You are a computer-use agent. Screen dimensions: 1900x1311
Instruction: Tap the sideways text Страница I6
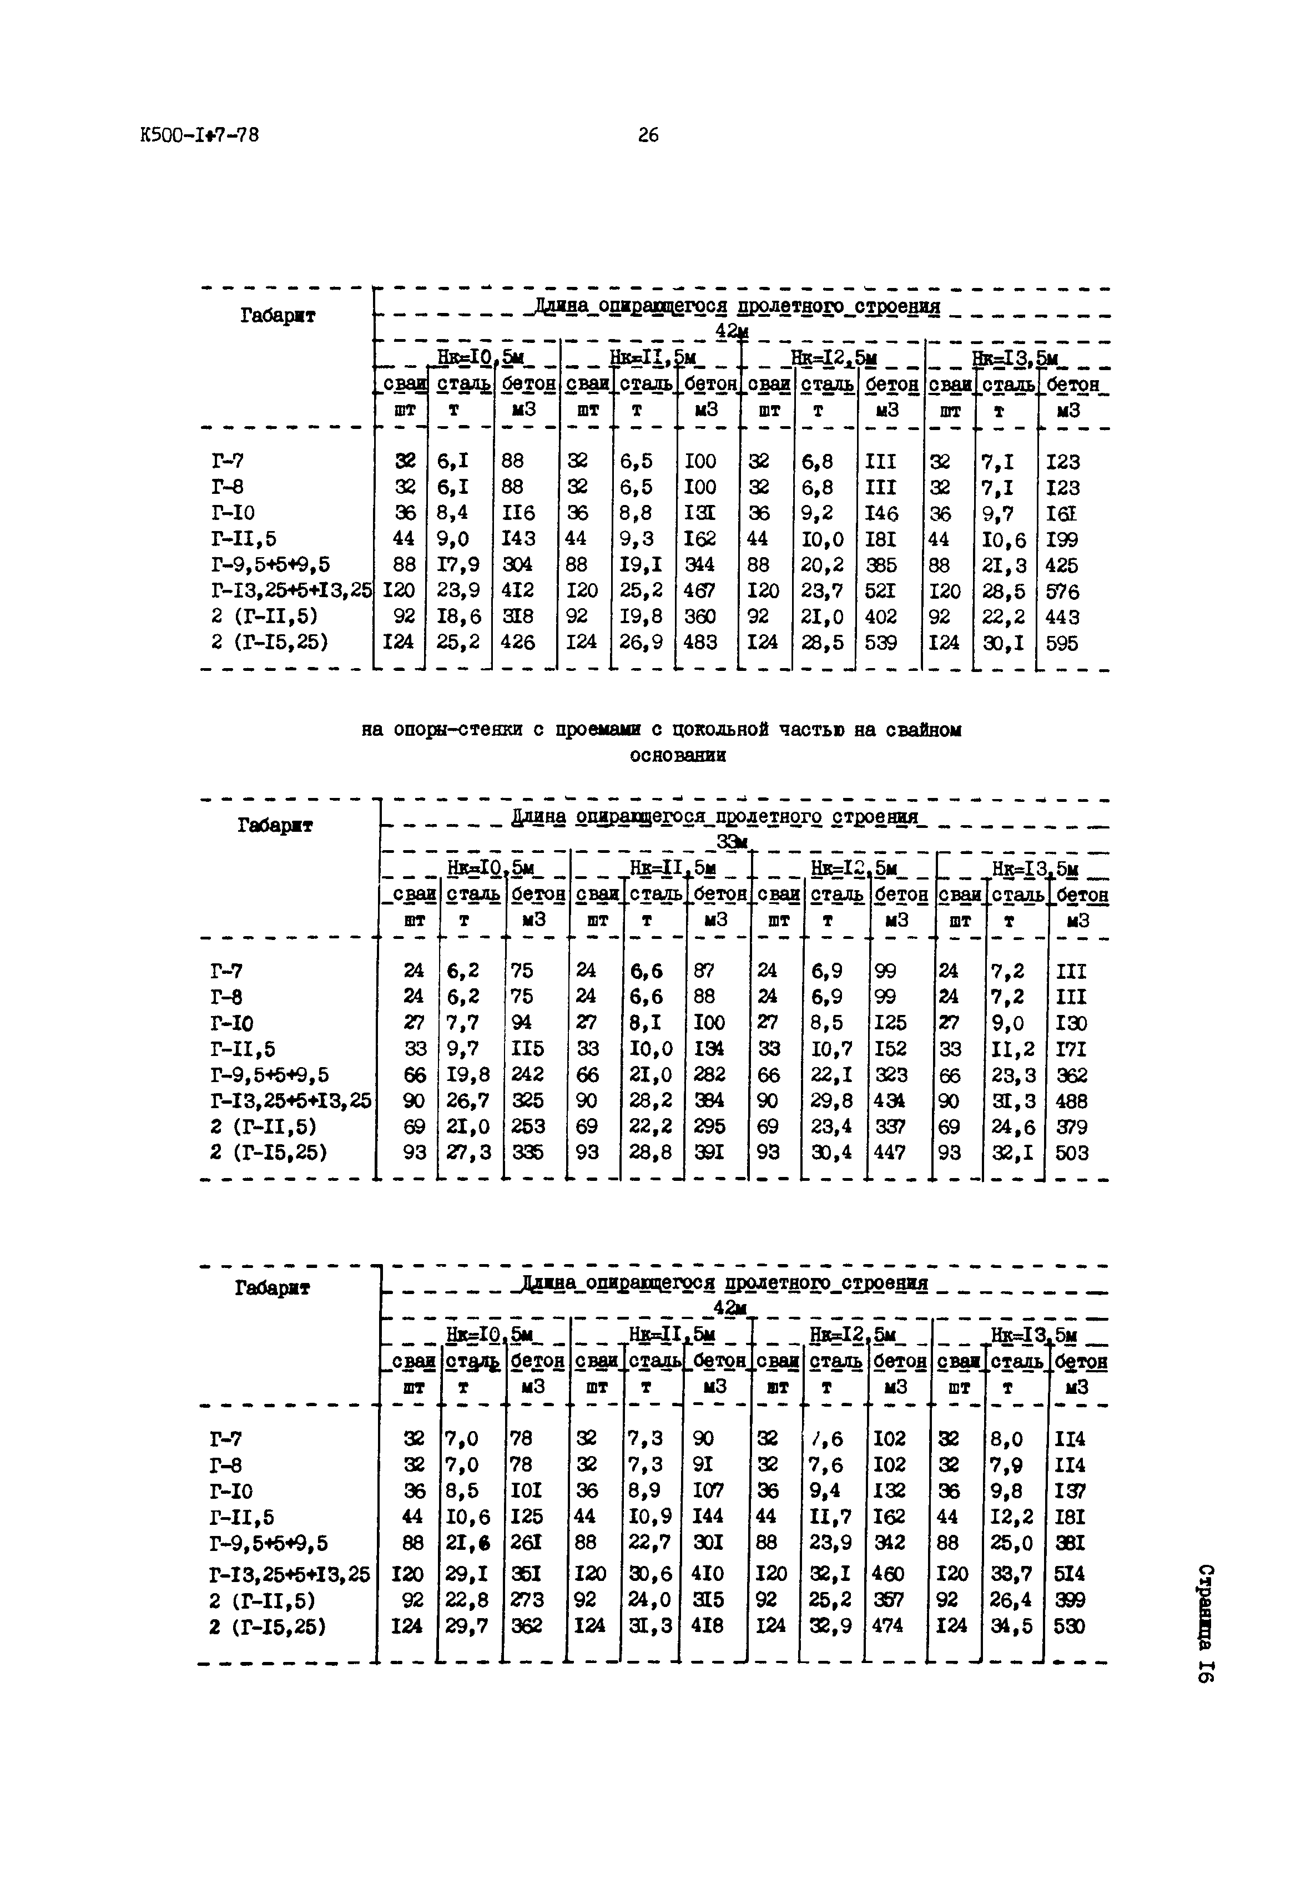pyautogui.click(x=1204, y=1623)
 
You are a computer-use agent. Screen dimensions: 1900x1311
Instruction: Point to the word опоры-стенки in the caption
pyautogui.click(x=454, y=729)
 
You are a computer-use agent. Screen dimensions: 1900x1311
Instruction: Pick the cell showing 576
pyautogui.click(x=1062, y=591)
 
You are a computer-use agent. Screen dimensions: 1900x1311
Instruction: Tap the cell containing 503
pyautogui.click(x=1071, y=1153)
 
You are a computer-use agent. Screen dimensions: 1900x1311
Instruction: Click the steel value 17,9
pyautogui.click(x=458, y=565)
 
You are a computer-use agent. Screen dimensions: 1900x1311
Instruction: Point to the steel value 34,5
pyautogui.click(x=1011, y=1626)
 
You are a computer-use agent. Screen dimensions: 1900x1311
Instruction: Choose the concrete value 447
pyautogui.click(x=889, y=1153)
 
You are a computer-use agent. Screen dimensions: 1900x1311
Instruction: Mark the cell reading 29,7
pyautogui.click(x=465, y=1626)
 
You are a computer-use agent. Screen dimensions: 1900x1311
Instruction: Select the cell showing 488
pyautogui.click(x=1071, y=1101)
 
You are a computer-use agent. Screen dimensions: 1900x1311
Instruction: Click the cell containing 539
pyautogui.click(x=881, y=643)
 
